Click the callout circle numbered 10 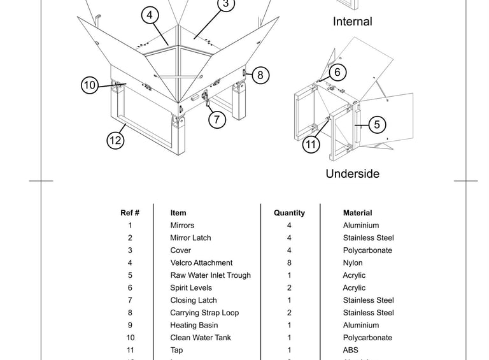coord(90,85)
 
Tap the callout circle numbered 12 coord(115,140)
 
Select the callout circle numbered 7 coord(217,119)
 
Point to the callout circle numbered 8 coord(260,75)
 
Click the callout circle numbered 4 coord(150,15)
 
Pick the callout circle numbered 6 coord(337,73)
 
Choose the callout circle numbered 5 coord(377,125)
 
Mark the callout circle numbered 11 coord(311,145)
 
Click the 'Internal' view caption coord(352,22)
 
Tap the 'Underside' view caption coord(352,174)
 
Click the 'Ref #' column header coord(130,213)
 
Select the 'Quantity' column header coord(289,213)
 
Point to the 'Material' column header coord(357,213)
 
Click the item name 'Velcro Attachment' coord(201,263)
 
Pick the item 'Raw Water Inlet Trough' coord(210,275)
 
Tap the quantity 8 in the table coord(289,263)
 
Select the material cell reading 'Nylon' coord(353,263)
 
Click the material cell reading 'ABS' coord(351,350)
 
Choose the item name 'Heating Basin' coord(194,325)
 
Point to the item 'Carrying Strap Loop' coord(204,313)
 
